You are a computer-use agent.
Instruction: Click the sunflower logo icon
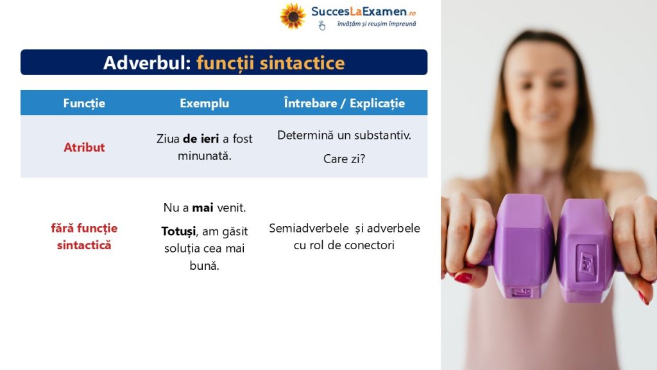(x=293, y=16)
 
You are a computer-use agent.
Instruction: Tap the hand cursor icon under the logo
(x=322, y=26)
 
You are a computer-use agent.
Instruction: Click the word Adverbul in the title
(x=147, y=63)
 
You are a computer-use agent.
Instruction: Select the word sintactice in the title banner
(x=302, y=63)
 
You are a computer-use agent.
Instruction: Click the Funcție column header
(x=84, y=103)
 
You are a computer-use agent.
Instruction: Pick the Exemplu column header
(x=205, y=103)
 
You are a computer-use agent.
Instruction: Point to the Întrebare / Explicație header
(x=345, y=103)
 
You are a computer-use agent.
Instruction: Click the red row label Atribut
(x=84, y=147)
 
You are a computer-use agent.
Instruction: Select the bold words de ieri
(x=201, y=139)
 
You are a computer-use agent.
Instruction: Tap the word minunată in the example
(x=205, y=156)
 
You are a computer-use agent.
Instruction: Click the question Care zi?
(x=344, y=159)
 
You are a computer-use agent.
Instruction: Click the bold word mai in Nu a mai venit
(x=203, y=207)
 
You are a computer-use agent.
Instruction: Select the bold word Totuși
(x=178, y=231)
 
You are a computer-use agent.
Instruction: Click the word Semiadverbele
(x=309, y=228)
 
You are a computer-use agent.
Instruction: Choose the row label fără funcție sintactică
(x=84, y=236)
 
